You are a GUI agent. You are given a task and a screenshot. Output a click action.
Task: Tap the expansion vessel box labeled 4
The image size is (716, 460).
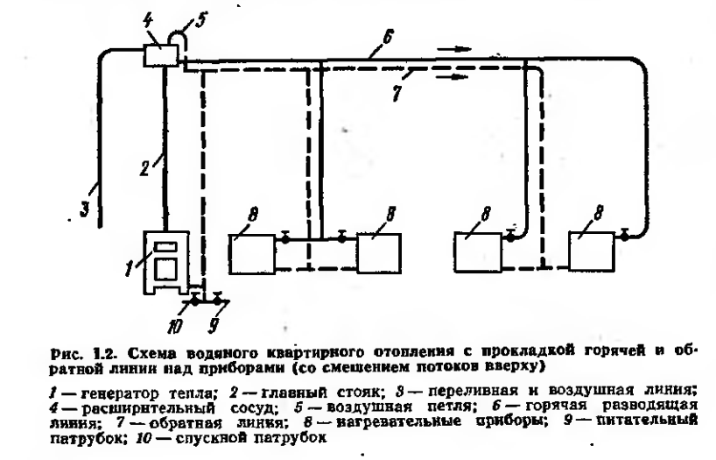[x=158, y=54]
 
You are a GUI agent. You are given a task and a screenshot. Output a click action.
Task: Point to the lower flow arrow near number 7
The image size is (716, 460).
[x=449, y=76]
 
